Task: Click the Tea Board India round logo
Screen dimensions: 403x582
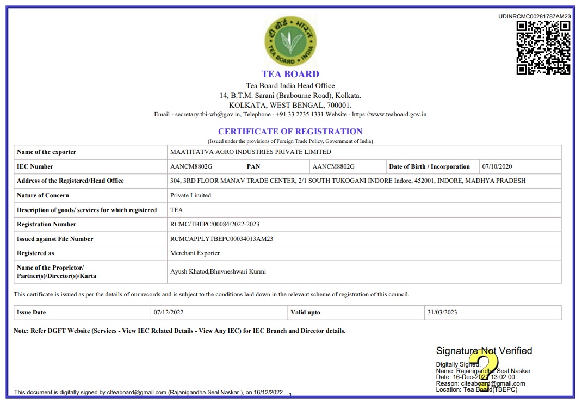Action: click(x=290, y=41)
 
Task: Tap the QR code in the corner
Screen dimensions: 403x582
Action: click(x=543, y=47)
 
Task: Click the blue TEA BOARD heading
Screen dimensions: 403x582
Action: click(x=290, y=74)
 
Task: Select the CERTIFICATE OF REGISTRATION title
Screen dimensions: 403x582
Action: click(x=290, y=132)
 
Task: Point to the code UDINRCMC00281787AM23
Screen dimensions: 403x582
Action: click(x=534, y=16)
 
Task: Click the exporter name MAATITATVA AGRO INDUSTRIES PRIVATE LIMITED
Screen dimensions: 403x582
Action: click(x=250, y=152)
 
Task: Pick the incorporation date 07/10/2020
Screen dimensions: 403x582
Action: click(x=497, y=166)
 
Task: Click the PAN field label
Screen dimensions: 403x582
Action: click(x=253, y=166)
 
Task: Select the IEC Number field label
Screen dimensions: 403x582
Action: click(x=35, y=166)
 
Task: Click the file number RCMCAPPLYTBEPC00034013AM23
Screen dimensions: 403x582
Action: click(x=221, y=239)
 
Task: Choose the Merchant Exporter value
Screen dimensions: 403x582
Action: click(x=195, y=253)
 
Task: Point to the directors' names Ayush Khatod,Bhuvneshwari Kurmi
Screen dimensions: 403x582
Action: click(x=218, y=271)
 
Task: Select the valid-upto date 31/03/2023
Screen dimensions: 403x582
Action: click(x=442, y=313)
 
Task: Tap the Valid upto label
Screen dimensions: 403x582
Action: click(x=306, y=313)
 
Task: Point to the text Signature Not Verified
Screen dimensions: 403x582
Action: click(x=484, y=351)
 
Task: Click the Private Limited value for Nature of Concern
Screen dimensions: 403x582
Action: click(x=190, y=195)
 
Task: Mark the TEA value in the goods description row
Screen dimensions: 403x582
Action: click(x=176, y=210)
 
